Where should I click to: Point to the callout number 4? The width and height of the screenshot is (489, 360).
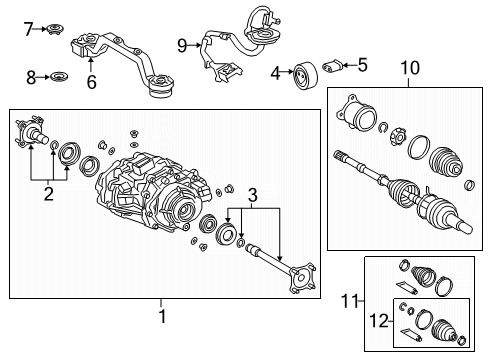pos(275,72)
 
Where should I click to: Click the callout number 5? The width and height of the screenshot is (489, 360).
pos(362,66)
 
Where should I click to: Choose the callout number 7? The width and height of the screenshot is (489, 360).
pos(29,28)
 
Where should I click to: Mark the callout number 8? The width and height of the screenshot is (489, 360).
pos(30,76)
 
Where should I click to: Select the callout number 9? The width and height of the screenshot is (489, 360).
pos(182,44)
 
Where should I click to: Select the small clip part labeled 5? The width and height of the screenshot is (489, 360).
pos(338,66)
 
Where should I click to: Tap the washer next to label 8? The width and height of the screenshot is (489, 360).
pos(59,76)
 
